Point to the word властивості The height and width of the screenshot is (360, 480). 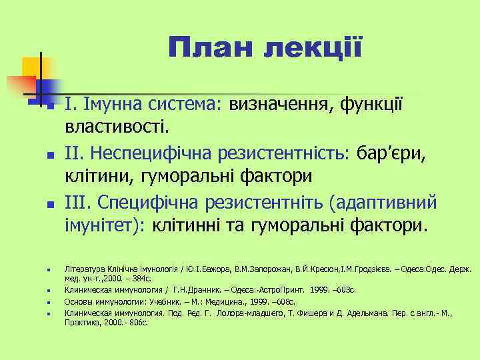point(117,125)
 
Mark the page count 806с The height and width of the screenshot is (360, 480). point(136,322)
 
